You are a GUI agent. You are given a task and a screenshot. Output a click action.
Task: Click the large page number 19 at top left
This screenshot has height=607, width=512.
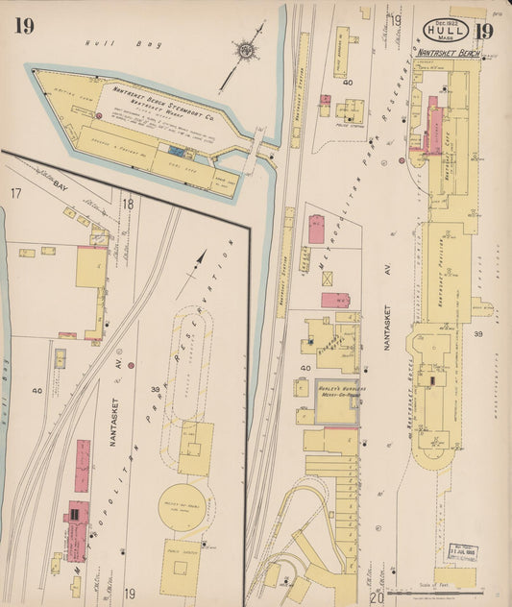(24, 26)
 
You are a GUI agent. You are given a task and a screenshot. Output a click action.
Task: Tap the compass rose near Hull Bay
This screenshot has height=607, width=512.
(247, 47)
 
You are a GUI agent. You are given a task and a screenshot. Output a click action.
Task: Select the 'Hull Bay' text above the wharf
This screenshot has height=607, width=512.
(100, 43)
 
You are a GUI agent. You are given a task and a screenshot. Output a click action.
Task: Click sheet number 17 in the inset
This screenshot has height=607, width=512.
(15, 194)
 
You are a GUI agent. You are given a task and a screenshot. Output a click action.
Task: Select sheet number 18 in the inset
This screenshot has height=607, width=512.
(127, 203)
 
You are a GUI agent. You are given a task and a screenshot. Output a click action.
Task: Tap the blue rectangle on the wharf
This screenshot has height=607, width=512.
(176, 150)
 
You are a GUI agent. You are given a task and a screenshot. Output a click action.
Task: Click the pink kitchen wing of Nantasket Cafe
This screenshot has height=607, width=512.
(432, 123)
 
